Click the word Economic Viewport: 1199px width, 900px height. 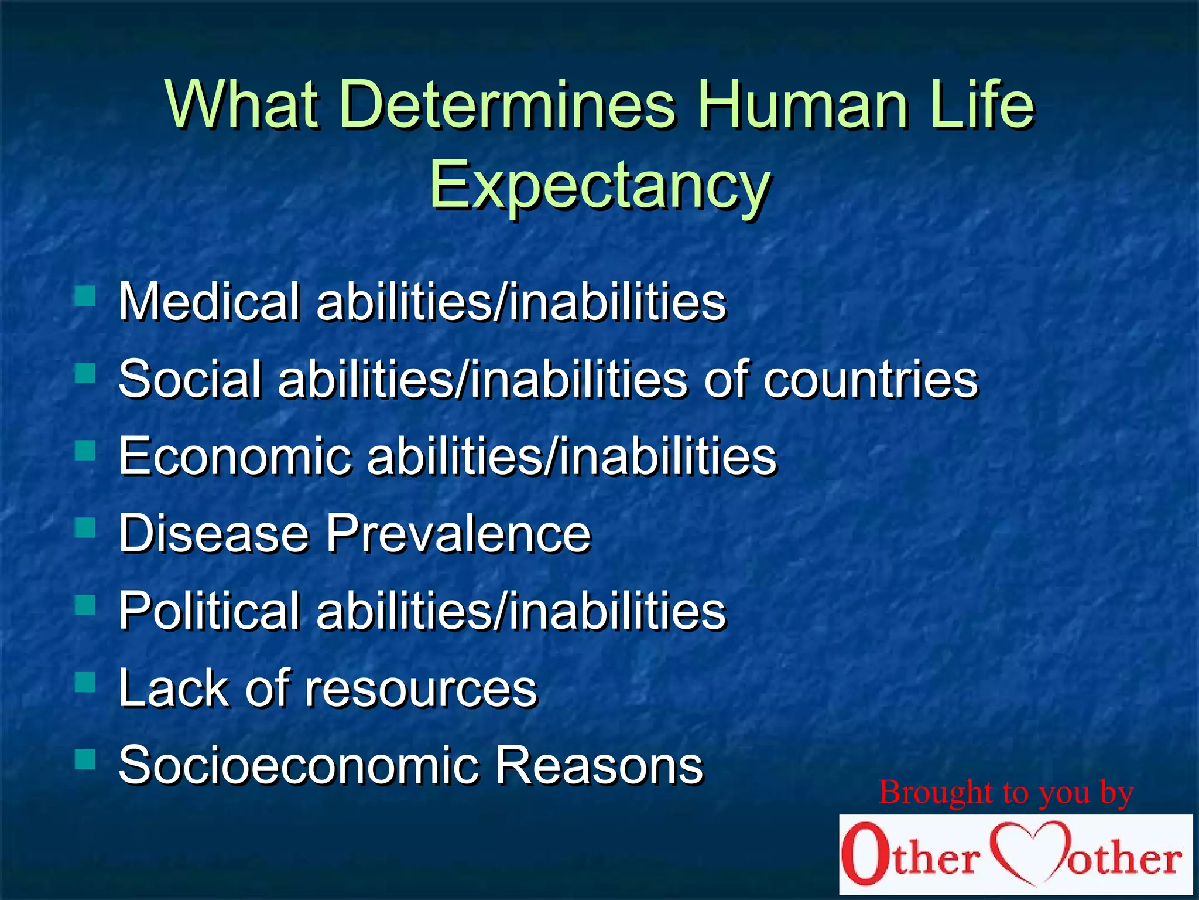[x=234, y=456]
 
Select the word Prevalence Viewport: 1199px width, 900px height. [x=458, y=534]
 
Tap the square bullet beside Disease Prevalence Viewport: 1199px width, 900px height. [x=85, y=528]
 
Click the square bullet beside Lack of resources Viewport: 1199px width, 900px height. [x=85, y=682]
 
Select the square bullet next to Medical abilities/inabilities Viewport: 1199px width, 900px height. [x=85, y=296]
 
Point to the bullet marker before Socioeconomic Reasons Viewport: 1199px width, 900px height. [x=85, y=759]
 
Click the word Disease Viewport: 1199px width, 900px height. [x=213, y=534]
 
